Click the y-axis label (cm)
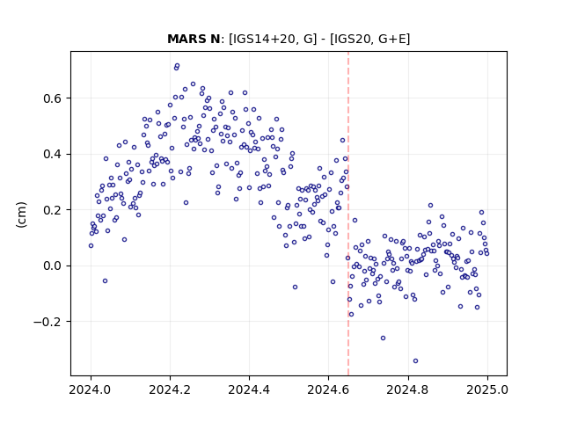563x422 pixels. (x=21, y=215)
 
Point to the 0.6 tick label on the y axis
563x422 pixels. (x=53, y=98)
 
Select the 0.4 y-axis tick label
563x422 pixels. (x=53, y=155)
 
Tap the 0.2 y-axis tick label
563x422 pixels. (x=53, y=210)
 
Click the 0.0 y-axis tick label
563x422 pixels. (x=53, y=266)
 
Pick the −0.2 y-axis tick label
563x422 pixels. (x=48, y=322)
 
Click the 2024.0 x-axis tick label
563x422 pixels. (x=91, y=389)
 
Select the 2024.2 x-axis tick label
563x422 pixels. (x=170, y=389)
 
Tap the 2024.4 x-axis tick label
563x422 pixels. (x=249, y=389)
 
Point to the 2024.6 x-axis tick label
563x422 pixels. (x=328, y=389)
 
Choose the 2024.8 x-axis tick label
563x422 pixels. (x=408, y=389)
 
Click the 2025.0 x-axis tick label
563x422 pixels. (x=487, y=389)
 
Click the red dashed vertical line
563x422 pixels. (x=348, y=214)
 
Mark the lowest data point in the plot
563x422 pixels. (x=415, y=361)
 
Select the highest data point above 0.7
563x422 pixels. (x=177, y=66)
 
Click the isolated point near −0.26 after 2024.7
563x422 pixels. (x=384, y=338)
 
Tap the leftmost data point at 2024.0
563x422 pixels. (x=91, y=246)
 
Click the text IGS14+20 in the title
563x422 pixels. (x=264, y=39)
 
